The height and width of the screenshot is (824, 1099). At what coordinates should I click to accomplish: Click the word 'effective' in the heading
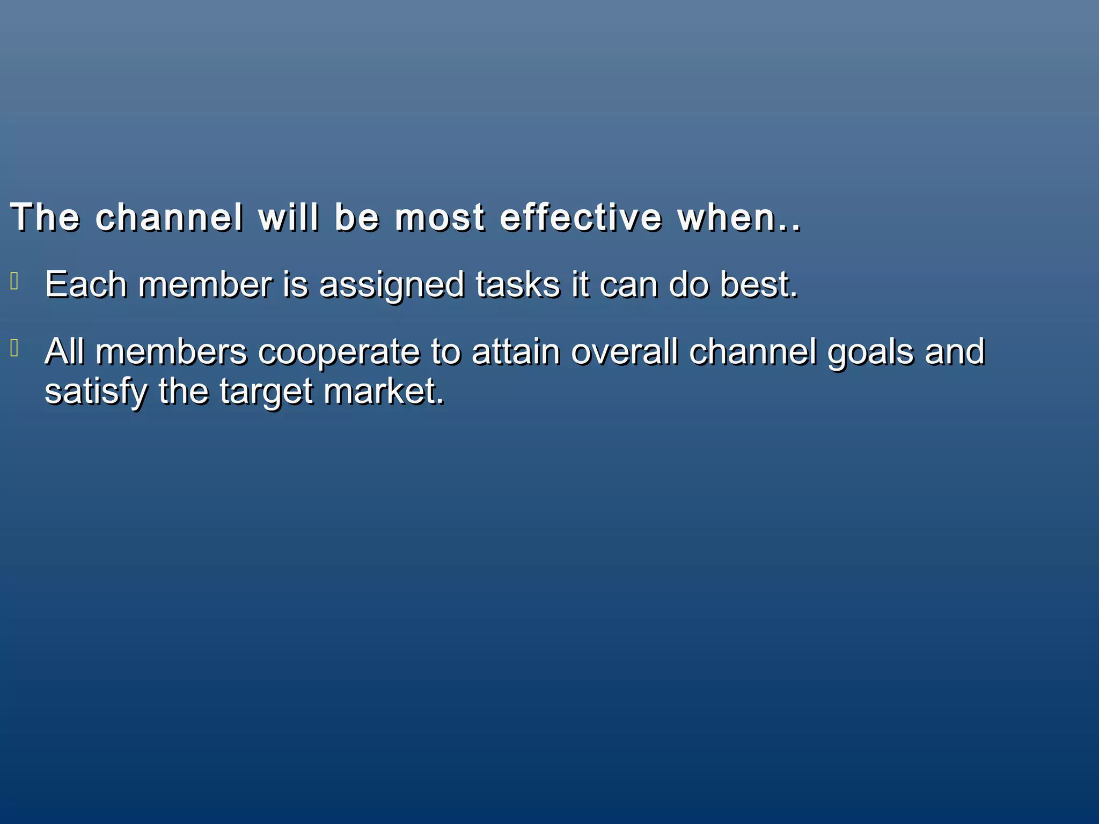[581, 218]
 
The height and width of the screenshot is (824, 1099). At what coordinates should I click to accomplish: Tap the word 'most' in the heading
[439, 218]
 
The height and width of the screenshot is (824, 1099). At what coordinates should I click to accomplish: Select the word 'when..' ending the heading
[739, 218]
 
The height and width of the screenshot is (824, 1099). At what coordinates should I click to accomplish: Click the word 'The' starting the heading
[45, 218]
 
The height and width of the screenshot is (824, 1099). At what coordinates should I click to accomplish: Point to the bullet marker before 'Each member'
[14, 281]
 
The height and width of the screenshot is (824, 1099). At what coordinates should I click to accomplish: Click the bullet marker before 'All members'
[14, 349]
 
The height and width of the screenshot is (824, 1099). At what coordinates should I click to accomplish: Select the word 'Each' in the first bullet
[85, 284]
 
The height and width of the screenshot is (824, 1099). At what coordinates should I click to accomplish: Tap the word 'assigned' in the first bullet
[391, 285]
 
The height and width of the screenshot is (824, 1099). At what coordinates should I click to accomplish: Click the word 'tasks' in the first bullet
[517, 284]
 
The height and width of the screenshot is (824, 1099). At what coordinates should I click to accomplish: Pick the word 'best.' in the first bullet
[758, 284]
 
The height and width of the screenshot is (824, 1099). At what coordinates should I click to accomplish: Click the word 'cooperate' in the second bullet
[339, 353]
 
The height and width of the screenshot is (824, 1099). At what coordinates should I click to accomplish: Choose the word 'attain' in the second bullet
[516, 352]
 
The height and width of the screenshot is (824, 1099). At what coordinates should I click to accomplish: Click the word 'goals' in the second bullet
[870, 353]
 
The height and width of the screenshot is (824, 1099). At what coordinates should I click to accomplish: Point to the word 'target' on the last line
[266, 392]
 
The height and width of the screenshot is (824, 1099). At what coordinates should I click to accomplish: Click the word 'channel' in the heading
[169, 218]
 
